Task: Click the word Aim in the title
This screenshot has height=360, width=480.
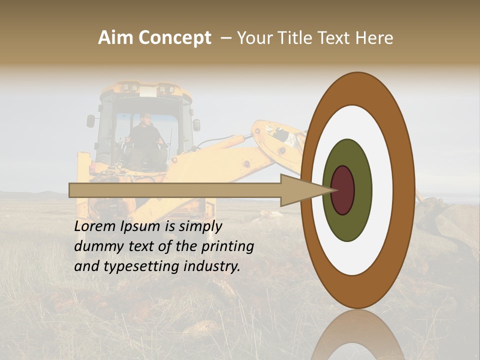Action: pyautogui.click(x=116, y=38)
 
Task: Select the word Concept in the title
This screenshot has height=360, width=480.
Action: pyautogui.click(x=175, y=38)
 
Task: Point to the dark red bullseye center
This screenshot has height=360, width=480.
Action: pyautogui.click(x=343, y=190)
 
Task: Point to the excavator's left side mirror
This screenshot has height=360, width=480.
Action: pyautogui.click(x=90, y=121)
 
